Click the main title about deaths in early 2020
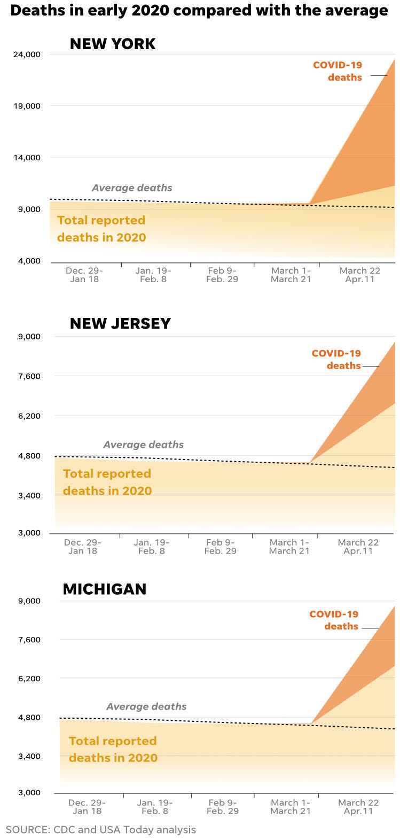point(199,11)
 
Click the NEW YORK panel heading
point(113,44)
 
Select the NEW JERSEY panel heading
point(120,323)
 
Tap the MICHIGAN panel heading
point(105,589)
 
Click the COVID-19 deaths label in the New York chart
point(338,71)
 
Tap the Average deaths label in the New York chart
point(132,188)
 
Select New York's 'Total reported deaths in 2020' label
point(101,229)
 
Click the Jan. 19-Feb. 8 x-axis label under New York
point(153,275)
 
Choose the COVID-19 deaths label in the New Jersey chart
point(336,359)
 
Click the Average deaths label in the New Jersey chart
point(143,445)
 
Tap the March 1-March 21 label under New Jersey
point(289,547)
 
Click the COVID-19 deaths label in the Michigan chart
point(334,620)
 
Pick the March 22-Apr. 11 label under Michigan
point(358,807)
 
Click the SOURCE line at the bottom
point(101,830)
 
